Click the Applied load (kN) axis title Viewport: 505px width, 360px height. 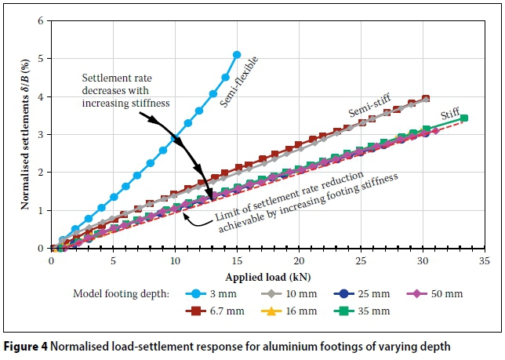point(267,276)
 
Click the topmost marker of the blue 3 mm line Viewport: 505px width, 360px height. point(237,55)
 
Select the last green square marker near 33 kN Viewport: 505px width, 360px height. point(463,118)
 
